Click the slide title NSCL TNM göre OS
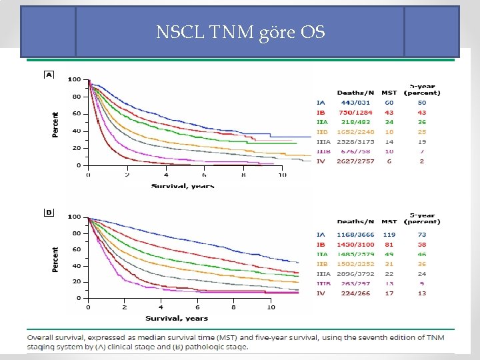(x=240, y=31)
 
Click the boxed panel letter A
(x=49, y=75)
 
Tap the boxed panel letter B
(x=49, y=212)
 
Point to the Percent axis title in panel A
(x=55, y=124)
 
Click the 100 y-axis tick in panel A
(x=74, y=79)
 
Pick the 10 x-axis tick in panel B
(x=271, y=307)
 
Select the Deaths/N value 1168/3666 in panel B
(x=356, y=235)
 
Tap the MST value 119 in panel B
(x=389, y=235)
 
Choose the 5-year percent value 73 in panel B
(x=421, y=235)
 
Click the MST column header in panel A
(x=389, y=93)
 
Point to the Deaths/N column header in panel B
(x=356, y=222)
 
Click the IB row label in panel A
(x=321, y=113)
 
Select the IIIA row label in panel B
(x=323, y=274)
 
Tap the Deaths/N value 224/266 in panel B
(x=356, y=293)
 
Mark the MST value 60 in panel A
(x=389, y=103)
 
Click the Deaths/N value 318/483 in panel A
(x=356, y=123)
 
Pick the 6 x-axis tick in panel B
(x=197, y=307)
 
